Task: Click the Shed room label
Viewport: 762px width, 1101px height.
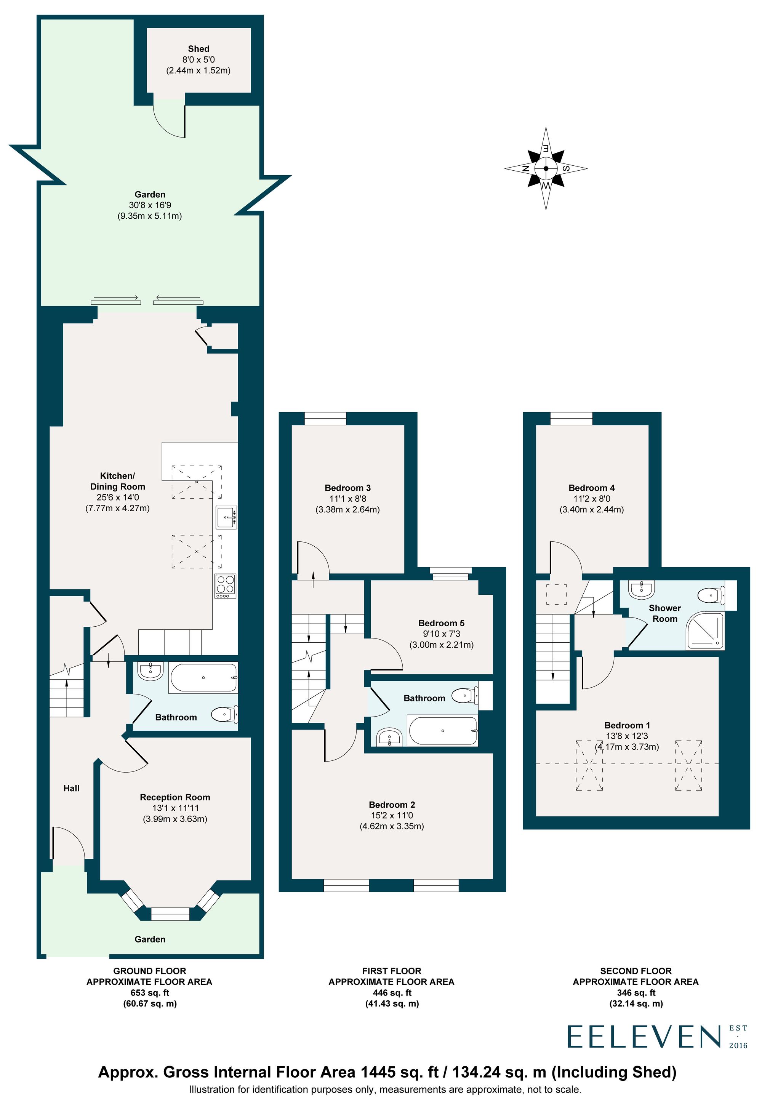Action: [199, 49]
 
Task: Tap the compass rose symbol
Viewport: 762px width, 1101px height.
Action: [546, 168]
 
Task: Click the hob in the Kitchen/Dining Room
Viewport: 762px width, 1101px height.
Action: [225, 586]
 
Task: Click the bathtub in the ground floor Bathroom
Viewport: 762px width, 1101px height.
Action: [203, 677]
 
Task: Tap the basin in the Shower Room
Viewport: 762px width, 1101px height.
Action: [642, 590]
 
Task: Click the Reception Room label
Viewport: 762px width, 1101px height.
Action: [175, 797]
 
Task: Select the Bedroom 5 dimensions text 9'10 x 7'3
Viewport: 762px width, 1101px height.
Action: [441, 634]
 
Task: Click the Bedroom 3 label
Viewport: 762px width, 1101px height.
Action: [347, 488]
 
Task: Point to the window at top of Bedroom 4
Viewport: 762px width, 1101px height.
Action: [571, 418]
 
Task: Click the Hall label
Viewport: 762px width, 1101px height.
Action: [72, 788]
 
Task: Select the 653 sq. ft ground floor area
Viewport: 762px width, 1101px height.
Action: [149, 993]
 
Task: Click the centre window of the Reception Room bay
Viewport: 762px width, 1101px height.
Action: [170, 914]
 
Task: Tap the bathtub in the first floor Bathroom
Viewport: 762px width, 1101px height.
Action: [442, 730]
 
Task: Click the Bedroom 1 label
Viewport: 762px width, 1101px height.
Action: [627, 725]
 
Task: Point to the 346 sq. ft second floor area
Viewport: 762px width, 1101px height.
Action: [636, 993]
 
